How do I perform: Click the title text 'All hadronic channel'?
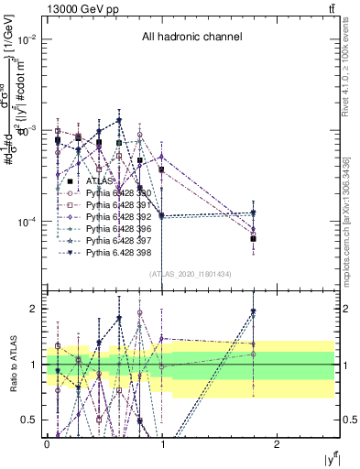191,38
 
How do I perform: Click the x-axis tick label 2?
278,443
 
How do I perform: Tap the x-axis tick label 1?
162,443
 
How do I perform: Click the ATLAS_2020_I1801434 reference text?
191,274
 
